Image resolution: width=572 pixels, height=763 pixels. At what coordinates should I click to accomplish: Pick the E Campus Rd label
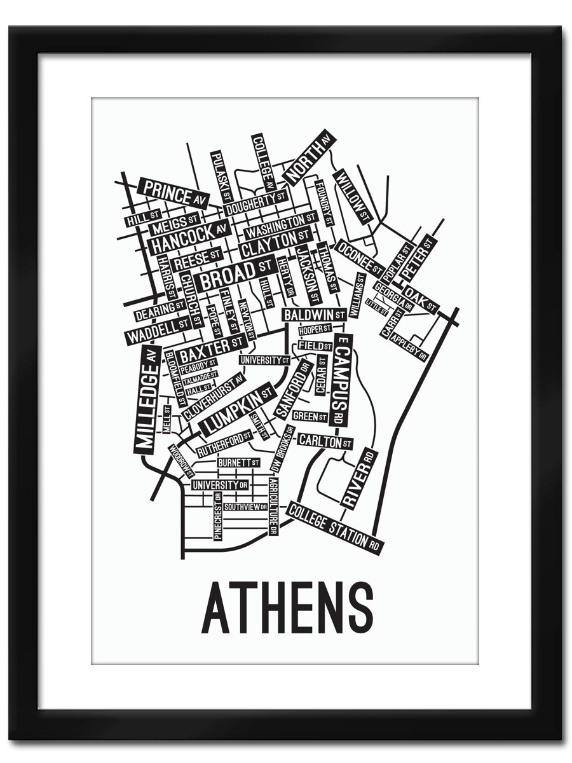(x=341, y=380)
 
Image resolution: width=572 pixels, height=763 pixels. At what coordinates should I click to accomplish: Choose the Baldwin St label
(x=314, y=315)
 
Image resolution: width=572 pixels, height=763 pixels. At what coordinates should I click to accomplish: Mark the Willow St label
(x=351, y=196)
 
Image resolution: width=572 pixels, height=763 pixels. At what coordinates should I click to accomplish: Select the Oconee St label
(x=358, y=257)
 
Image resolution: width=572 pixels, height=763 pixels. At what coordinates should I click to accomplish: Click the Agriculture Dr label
(x=273, y=505)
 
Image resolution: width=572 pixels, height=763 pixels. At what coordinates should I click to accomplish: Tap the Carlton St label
(x=324, y=441)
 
